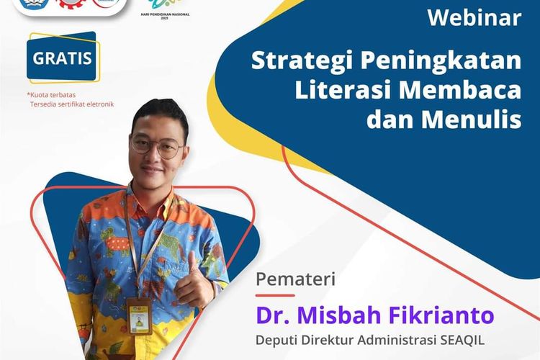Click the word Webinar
(x=474, y=18)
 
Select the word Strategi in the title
(x=292, y=63)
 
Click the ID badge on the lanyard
(x=138, y=315)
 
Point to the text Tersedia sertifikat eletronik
(x=71, y=104)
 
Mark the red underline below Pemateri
(x=276, y=295)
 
